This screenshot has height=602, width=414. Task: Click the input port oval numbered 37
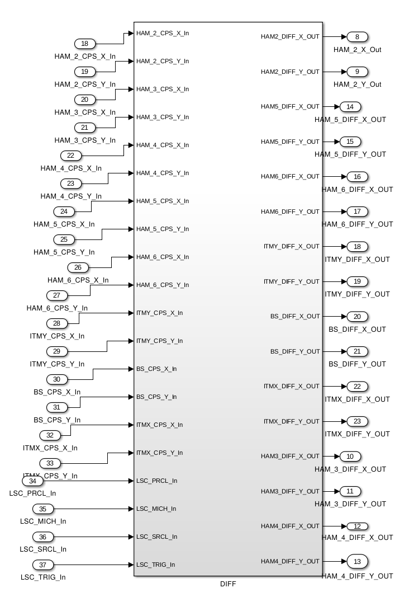tap(42, 565)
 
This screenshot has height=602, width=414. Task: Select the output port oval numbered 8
tap(357, 37)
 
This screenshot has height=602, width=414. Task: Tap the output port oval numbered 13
tap(357, 561)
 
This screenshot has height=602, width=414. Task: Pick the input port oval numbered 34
tap(32, 481)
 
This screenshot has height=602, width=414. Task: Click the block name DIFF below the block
tap(228, 584)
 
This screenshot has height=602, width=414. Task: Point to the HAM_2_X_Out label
tap(357, 50)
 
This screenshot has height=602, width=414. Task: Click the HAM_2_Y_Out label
tap(357, 84)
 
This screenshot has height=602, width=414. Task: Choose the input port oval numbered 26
tap(78, 267)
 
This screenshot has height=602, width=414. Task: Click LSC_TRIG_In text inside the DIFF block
tap(156, 565)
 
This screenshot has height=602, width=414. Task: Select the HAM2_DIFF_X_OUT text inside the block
tap(290, 37)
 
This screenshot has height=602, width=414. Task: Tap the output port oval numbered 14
tap(350, 107)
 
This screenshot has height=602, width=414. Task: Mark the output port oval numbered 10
tap(350, 457)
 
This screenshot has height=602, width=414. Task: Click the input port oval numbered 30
tap(57, 379)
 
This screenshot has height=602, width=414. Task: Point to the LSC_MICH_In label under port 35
tap(43, 521)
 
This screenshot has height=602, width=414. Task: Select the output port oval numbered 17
tap(357, 211)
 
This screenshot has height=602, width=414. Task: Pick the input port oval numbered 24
tap(64, 211)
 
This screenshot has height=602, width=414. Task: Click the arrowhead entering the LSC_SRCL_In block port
tap(131, 537)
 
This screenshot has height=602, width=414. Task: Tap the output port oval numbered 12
tap(357, 526)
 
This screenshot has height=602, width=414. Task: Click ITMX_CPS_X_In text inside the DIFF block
tap(159, 425)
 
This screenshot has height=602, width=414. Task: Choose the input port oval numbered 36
tap(42, 537)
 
